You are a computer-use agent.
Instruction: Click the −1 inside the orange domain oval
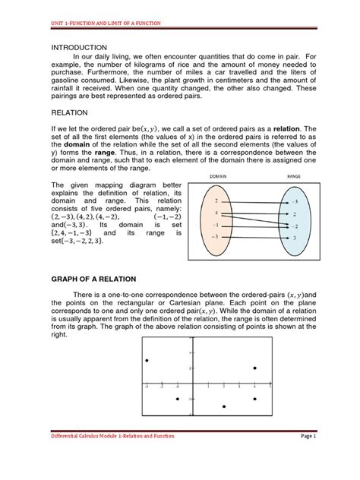(217, 225)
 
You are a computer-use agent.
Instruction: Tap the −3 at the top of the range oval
(295, 202)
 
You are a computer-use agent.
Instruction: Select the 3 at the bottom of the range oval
(295, 238)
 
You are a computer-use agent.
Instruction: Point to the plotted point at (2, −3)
(223, 407)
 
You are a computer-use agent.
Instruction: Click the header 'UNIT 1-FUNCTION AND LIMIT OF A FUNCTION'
(99, 24)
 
